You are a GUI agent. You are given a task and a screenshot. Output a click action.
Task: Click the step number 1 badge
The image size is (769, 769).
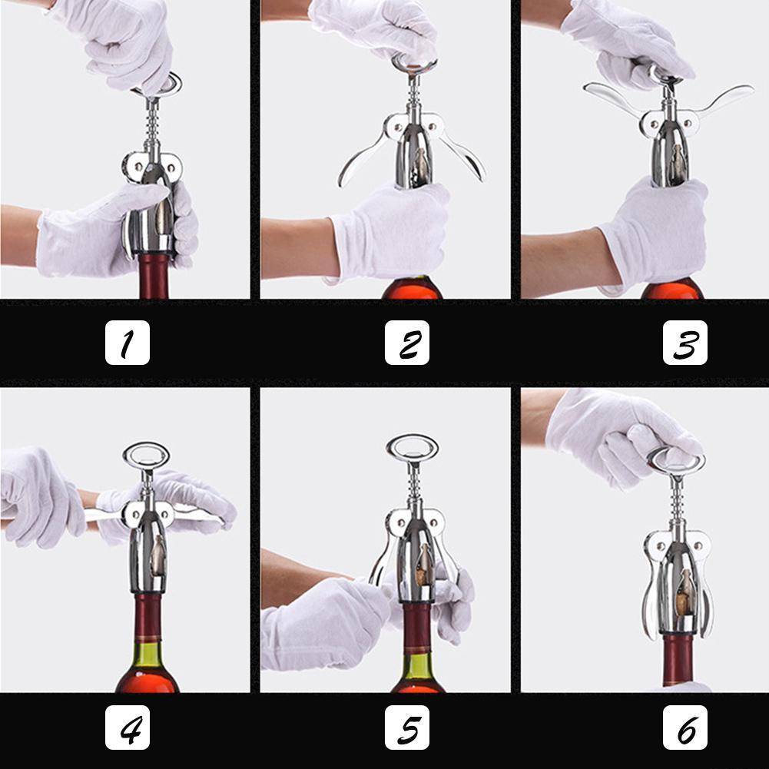(128, 343)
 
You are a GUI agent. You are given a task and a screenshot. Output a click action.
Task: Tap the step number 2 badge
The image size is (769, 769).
(407, 343)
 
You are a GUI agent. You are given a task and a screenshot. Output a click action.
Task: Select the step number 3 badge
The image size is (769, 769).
(685, 343)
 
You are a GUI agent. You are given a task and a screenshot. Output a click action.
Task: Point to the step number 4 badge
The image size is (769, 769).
(128, 728)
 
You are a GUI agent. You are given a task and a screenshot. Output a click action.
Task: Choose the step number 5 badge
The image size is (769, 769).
(407, 728)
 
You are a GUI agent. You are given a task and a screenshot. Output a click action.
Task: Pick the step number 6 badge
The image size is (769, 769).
(685, 728)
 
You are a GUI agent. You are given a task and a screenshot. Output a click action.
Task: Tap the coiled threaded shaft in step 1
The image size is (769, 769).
(153, 125)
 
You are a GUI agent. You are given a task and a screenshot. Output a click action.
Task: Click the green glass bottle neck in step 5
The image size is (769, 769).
(417, 668)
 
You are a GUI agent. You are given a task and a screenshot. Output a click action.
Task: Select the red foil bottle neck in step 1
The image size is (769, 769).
(154, 275)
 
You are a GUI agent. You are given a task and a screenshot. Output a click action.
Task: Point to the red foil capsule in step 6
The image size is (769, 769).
(677, 660)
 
